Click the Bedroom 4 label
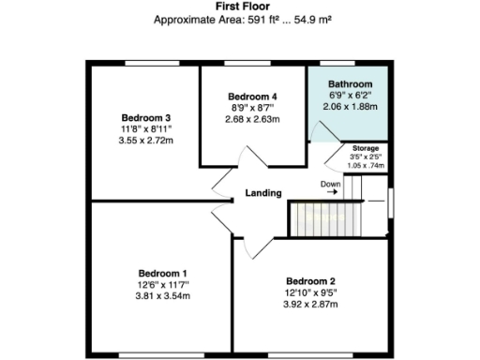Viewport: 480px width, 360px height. pos(253,96)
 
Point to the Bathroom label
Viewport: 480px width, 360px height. pos(351,84)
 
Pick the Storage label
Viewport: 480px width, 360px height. pos(366,148)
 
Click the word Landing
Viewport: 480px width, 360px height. pos(263,193)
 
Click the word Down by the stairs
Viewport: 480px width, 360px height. pos(330,184)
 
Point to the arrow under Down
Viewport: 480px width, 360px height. pos(331,193)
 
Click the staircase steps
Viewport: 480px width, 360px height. pos(318,220)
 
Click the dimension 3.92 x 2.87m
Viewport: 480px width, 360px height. pos(310,305)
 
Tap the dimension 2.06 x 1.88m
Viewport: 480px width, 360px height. pos(351,108)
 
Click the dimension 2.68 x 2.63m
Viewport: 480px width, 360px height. pos(253,119)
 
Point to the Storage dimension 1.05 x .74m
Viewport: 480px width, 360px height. pos(366,165)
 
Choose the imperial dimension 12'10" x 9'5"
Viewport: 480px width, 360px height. pos(310,292)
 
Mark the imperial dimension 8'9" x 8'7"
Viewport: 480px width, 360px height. pos(253,108)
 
